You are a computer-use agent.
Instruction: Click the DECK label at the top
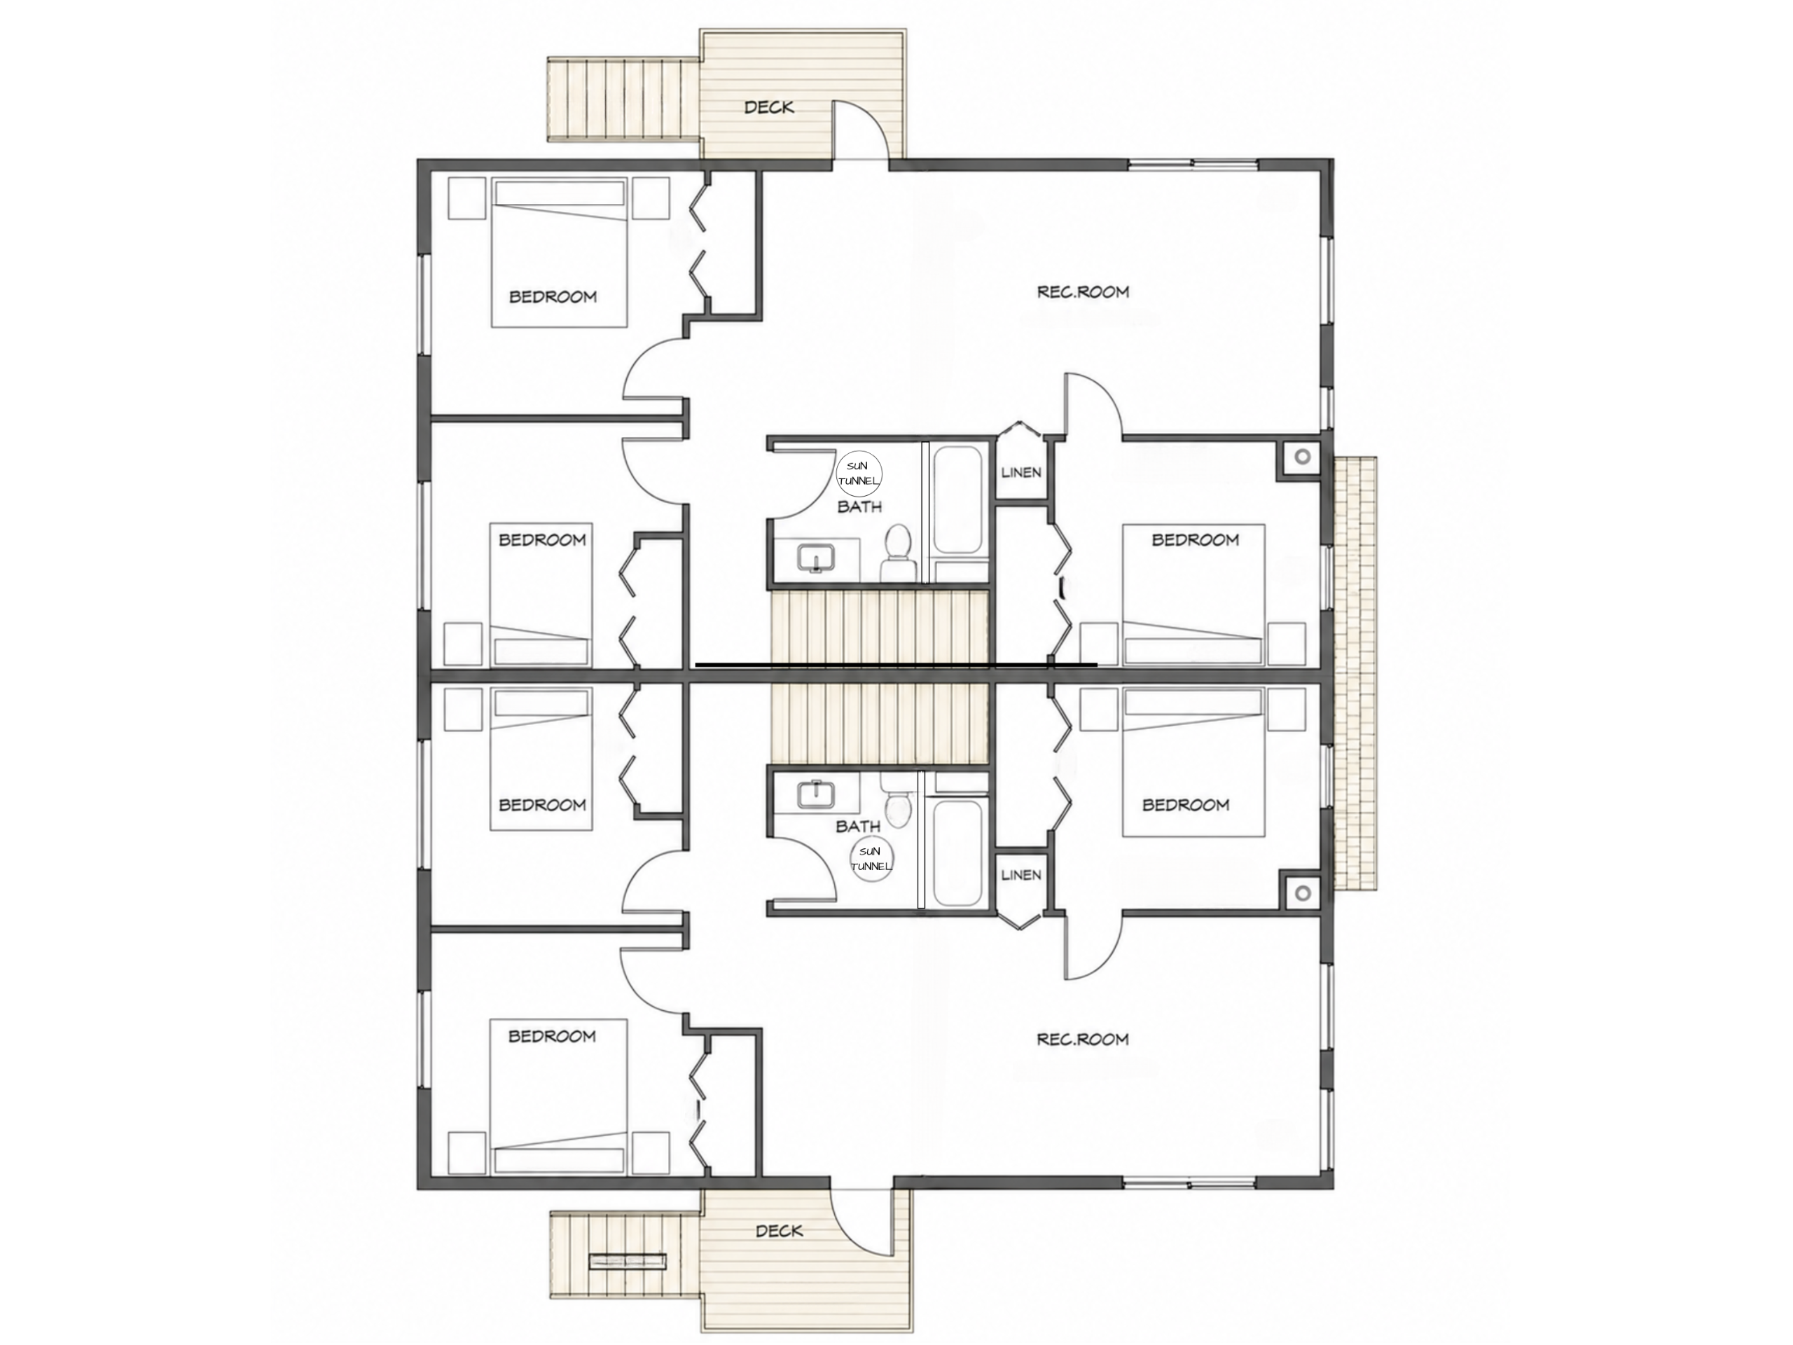[x=768, y=107]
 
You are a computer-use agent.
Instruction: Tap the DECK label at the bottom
[x=779, y=1231]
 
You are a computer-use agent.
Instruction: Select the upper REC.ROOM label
[x=1083, y=291]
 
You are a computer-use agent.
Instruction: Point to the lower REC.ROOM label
[x=1083, y=1039]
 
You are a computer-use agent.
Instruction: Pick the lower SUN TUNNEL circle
[x=871, y=860]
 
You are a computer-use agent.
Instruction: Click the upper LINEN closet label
[x=1021, y=472]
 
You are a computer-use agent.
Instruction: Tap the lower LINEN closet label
[x=1021, y=875]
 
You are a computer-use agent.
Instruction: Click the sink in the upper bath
[x=816, y=558]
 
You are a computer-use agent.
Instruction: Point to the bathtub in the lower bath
[x=960, y=851]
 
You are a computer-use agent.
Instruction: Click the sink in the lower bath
[x=816, y=794]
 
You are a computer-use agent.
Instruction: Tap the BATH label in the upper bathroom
[x=859, y=506]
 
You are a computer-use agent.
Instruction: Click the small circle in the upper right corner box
[x=1303, y=457]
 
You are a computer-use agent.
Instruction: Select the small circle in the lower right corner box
[x=1303, y=892]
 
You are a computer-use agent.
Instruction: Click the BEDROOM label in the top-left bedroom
[x=553, y=297]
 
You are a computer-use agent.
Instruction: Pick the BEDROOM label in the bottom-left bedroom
[x=552, y=1036]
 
